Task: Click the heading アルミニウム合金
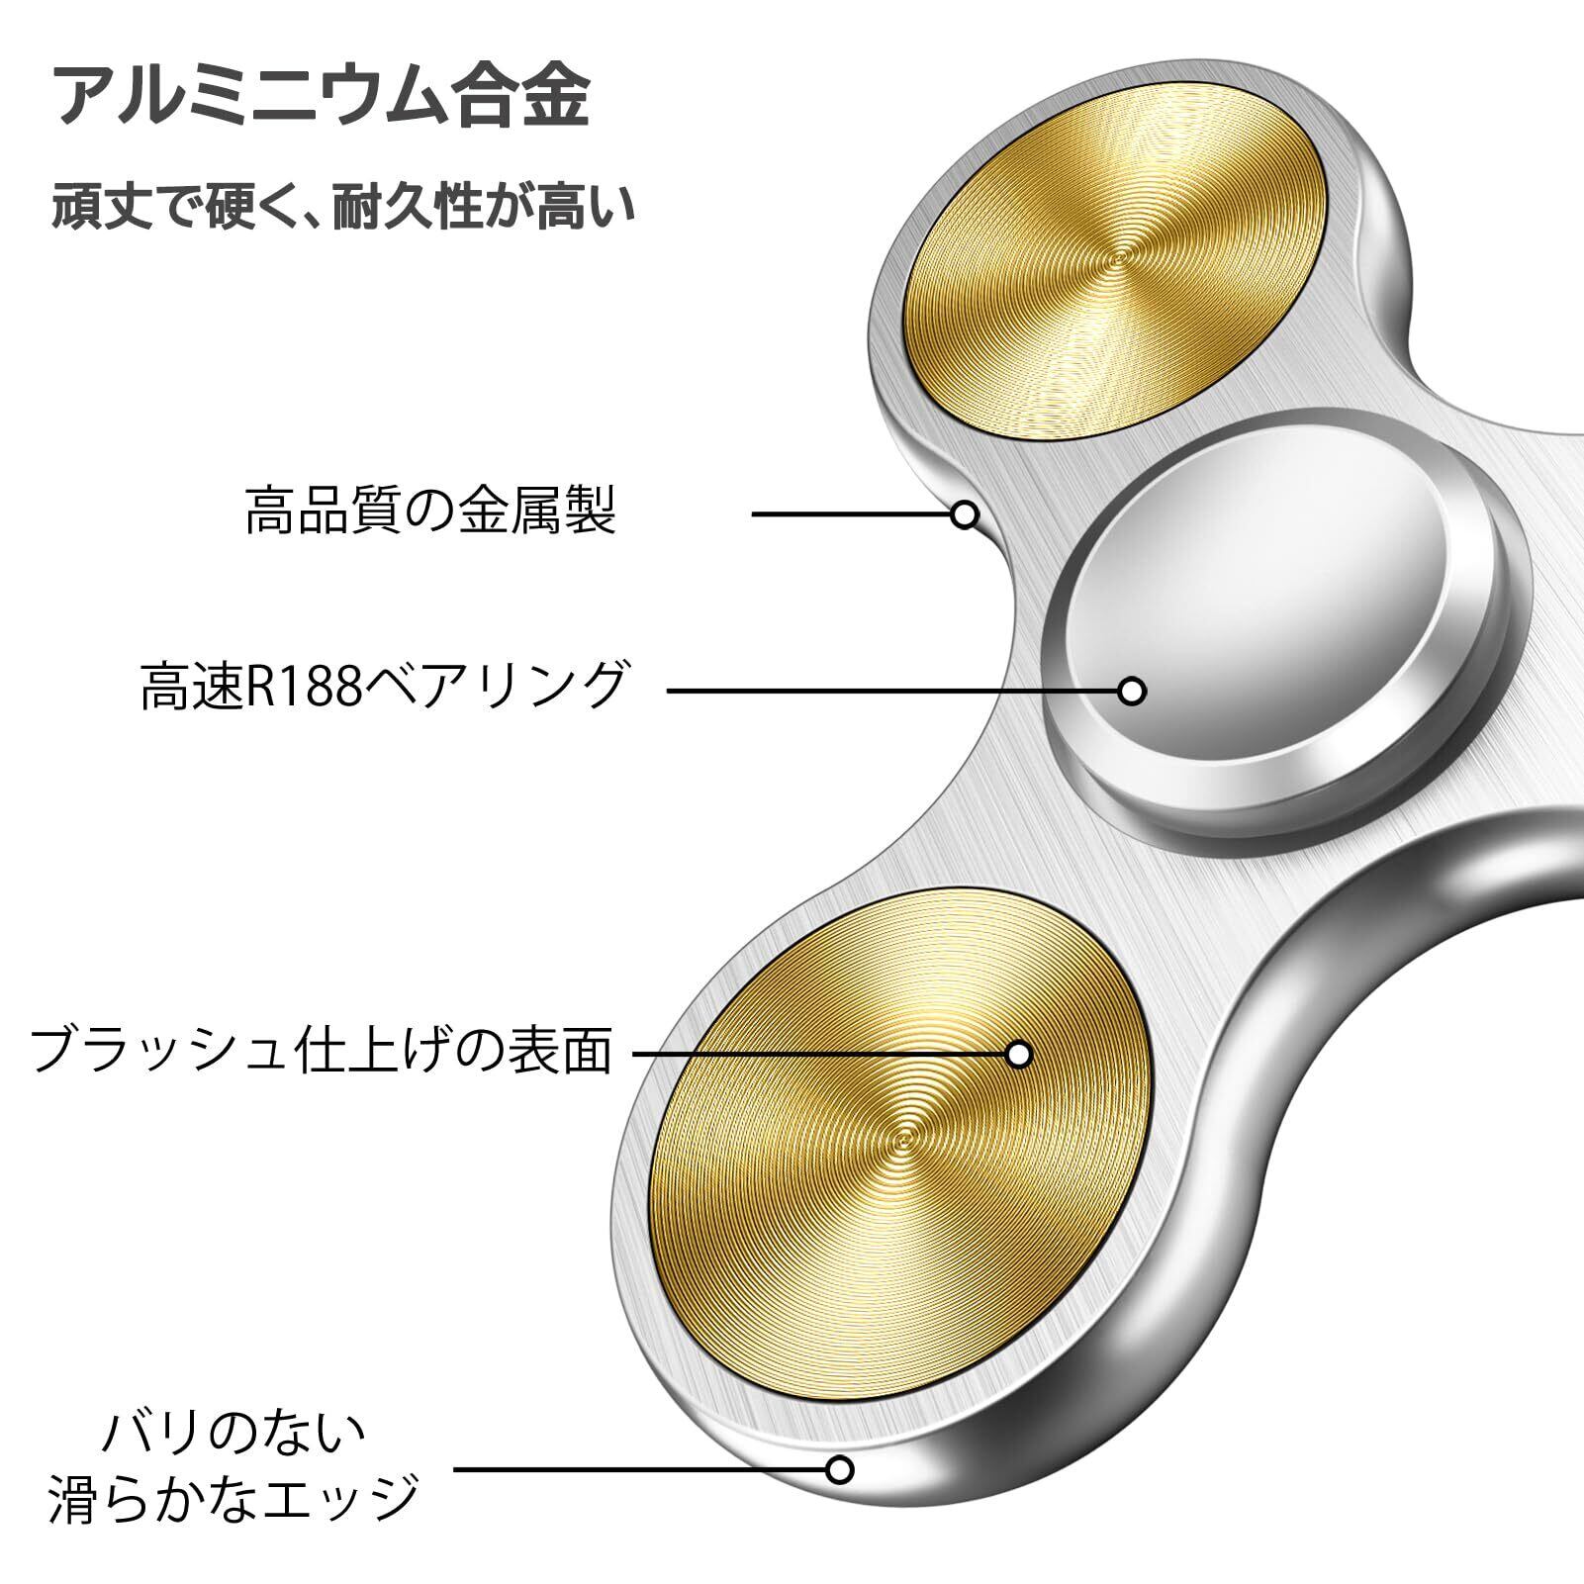322,95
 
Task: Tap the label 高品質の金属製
430,512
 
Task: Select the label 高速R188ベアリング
384,686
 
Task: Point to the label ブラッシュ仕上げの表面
322,1052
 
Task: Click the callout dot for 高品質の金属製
965,514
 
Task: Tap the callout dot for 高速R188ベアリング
1132,691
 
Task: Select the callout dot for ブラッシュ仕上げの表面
1018,1054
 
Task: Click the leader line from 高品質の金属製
851,514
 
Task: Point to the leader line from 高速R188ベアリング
890,691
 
